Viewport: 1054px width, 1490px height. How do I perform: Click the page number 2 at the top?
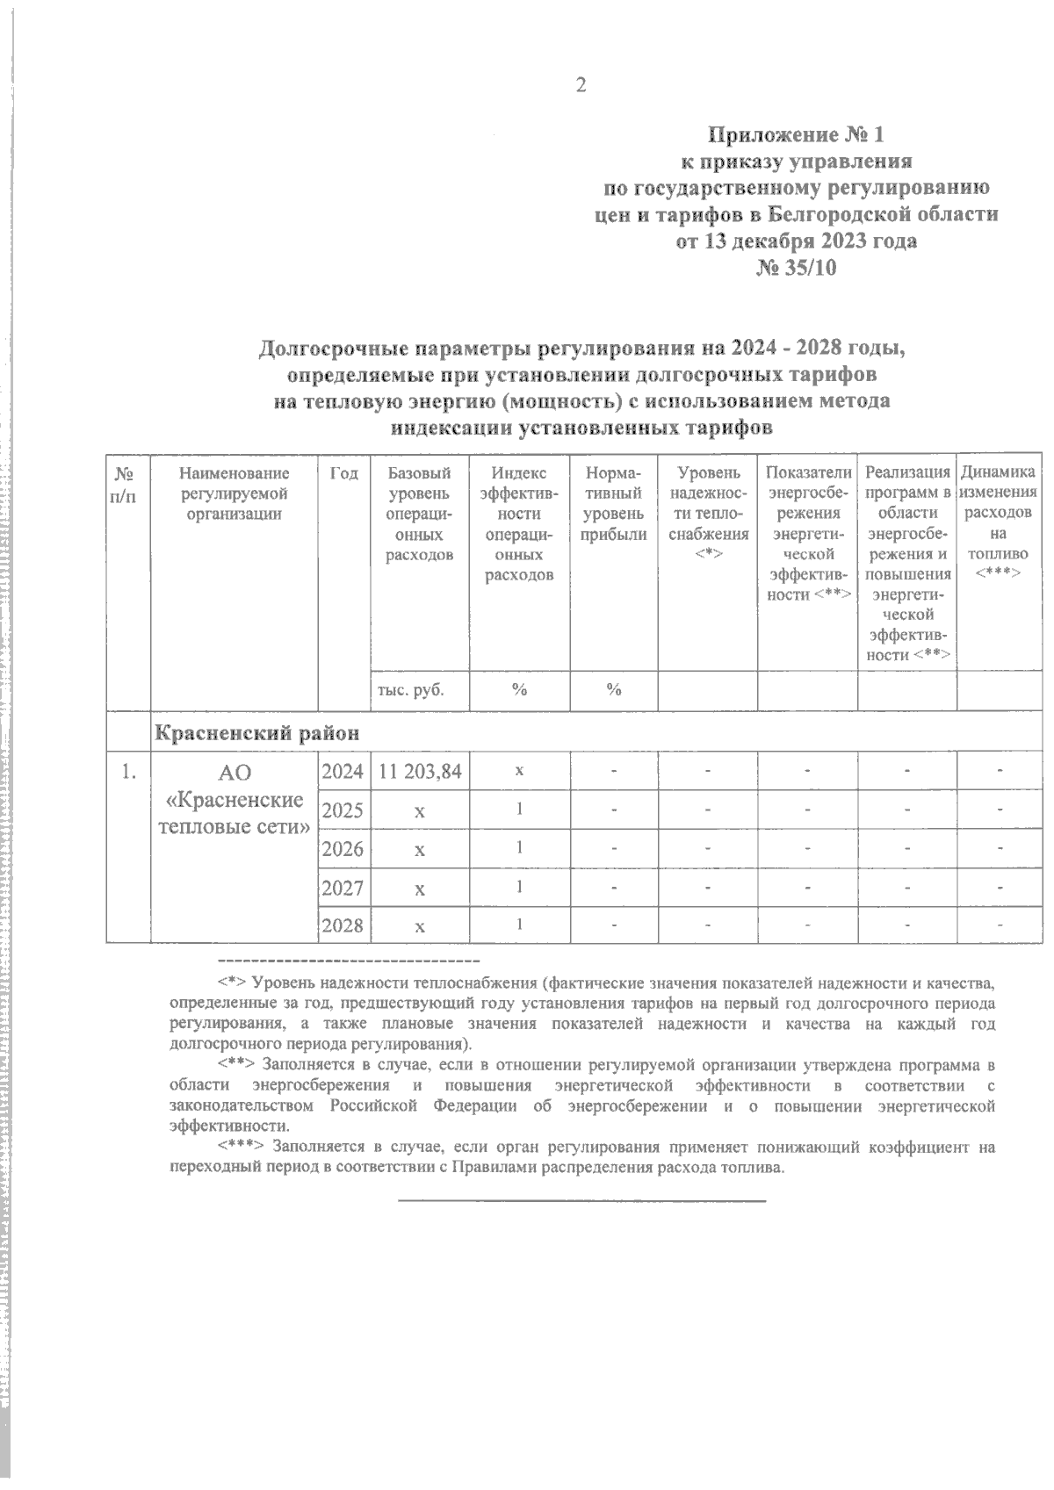click(x=579, y=85)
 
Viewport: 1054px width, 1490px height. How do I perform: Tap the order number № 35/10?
click(x=796, y=269)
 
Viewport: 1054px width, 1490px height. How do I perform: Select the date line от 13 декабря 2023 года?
click(x=796, y=241)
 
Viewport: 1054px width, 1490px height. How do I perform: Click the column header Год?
click(x=344, y=474)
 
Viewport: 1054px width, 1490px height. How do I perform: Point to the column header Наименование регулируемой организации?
click(x=234, y=494)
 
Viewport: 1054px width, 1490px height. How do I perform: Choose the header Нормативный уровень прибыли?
click(x=614, y=505)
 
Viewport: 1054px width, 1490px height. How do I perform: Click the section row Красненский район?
click(x=257, y=731)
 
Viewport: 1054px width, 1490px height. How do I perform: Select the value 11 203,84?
click(x=420, y=772)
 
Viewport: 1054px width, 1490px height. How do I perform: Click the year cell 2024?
click(x=343, y=772)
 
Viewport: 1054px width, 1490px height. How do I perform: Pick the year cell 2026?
click(x=343, y=849)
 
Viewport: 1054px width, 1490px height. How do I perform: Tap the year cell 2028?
click(x=343, y=925)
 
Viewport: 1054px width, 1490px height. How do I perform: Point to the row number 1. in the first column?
click(x=128, y=772)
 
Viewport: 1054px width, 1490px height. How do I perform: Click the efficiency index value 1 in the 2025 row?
click(x=519, y=810)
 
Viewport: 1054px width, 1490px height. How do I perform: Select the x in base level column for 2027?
click(x=420, y=889)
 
